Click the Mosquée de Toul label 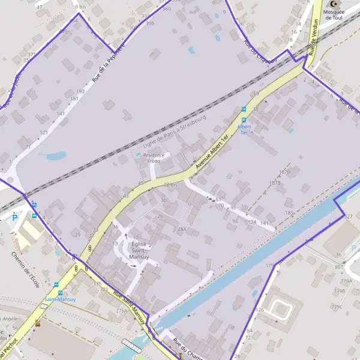point(334,14)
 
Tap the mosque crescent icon point(334,4)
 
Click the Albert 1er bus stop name point(244,130)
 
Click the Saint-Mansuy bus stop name point(59,299)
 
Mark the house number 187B point(275,182)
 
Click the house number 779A point(347,281)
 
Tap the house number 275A point(122,311)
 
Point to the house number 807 point(339,266)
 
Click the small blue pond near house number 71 point(55,156)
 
